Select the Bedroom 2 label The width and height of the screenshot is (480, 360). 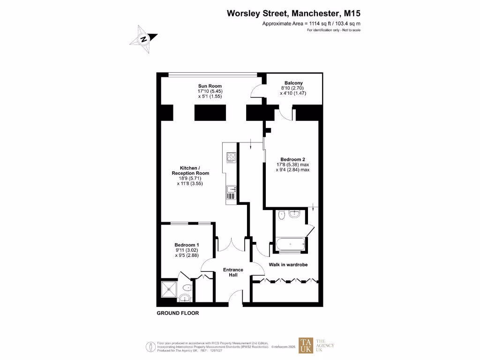pos(293,159)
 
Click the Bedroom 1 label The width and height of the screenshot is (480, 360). pos(187,245)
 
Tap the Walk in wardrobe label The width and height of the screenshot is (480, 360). pos(288,265)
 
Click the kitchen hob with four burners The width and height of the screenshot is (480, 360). pos(231,157)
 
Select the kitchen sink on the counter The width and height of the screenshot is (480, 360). pos(231,189)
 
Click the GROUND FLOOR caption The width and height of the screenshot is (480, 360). pos(178,313)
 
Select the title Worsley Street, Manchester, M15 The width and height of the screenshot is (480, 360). pos(294,14)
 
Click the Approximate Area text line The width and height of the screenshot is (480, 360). pos(311,23)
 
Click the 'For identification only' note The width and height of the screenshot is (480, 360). pos(334,30)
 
